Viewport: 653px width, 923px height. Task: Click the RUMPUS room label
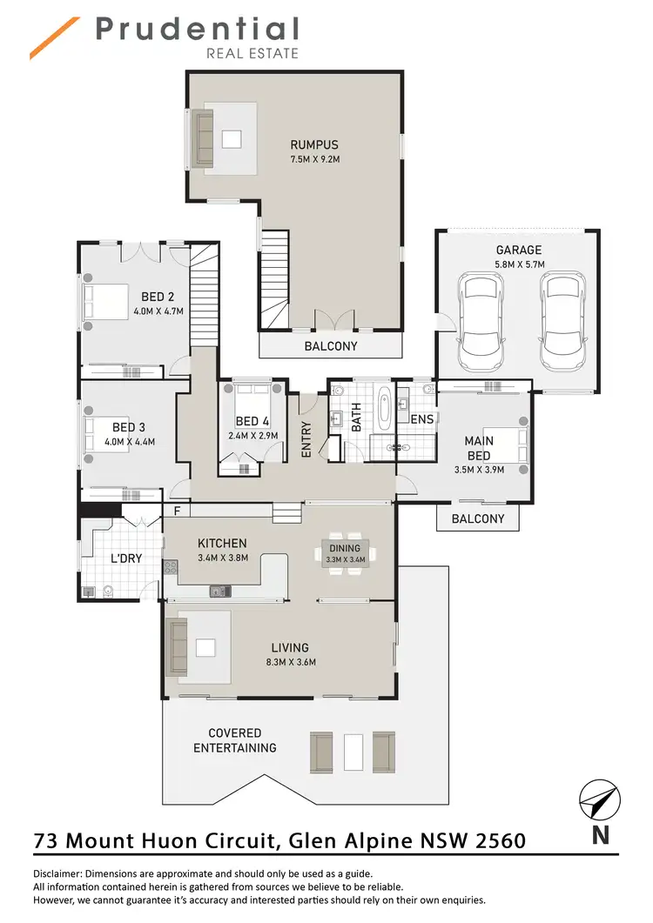pos(314,144)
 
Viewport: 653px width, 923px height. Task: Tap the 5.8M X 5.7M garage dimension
pos(520,264)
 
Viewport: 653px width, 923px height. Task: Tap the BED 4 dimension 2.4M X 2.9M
pos(252,436)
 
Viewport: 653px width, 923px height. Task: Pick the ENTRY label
pos(306,440)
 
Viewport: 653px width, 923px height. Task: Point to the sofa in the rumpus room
pos(203,138)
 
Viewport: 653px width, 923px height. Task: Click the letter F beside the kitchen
pos(177,511)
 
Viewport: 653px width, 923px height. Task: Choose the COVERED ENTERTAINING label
pos(234,740)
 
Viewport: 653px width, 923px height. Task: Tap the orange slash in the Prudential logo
pos(55,39)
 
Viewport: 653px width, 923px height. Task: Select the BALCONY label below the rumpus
pos(331,345)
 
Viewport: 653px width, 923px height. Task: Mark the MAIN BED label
pos(478,447)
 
